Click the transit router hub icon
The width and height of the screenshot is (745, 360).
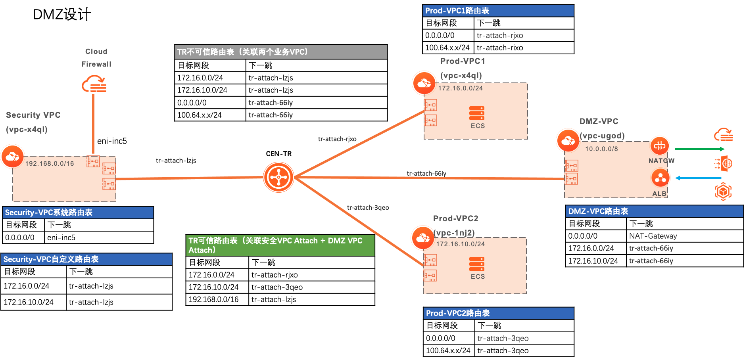coord(278,177)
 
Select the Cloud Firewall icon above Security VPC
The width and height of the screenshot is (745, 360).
coord(94,84)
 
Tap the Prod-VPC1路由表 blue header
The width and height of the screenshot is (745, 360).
coord(498,11)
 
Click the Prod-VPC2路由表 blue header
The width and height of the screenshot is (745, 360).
coord(498,313)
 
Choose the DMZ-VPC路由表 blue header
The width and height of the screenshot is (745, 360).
coord(654,211)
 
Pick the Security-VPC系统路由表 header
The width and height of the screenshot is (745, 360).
coord(78,213)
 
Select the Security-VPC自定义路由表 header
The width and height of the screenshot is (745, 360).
coord(86,259)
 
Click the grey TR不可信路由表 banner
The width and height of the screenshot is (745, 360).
coord(280,52)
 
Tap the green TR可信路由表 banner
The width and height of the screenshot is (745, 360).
coord(280,245)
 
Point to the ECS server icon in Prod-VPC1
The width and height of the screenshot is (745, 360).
coord(477,113)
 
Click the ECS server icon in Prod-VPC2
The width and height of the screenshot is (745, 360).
coord(477,264)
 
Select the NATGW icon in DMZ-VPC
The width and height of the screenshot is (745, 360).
coord(660,146)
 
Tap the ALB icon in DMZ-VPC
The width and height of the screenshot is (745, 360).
coord(661,178)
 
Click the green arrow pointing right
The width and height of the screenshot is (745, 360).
coord(700,149)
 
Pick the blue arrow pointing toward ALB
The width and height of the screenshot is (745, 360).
coord(698,178)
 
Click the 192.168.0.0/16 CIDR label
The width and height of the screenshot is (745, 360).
coord(50,163)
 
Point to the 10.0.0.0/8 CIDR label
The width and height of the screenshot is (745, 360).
coord(601,149)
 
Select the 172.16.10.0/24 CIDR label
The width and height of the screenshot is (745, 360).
coord(460,244)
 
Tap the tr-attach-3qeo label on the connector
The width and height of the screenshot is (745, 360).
coord(368,208)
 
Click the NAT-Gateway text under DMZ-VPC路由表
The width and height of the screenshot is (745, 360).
coord(653,236)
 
